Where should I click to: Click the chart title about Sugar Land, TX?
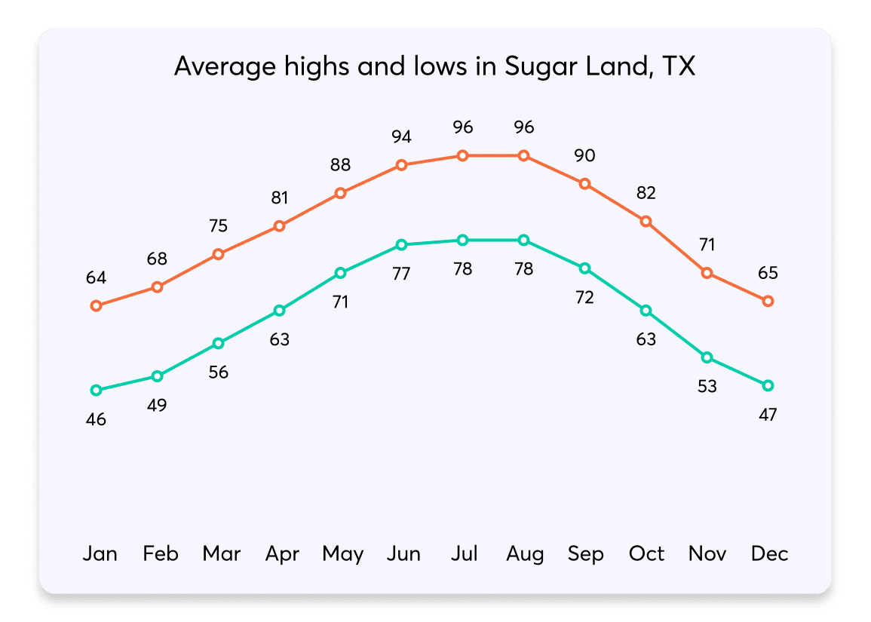point(434,66)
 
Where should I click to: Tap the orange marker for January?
point(96,305)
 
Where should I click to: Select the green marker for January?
point(96,390)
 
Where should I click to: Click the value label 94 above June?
point(401,136)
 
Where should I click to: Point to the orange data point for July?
point(462,155)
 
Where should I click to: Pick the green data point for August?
point(523,240)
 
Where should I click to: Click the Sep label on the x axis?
point(585,554)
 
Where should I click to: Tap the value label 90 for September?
point(584,155)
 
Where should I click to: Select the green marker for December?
point(768,385)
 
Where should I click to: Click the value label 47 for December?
point(768,414)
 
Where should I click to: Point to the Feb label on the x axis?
point(161,554)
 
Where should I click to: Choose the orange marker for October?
point(646,221)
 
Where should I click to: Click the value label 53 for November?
point(707,386)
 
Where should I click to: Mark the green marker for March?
point(218,343)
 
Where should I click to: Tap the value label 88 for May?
point(340,164)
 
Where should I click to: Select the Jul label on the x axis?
point(464,554)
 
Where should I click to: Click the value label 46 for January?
point(96,419)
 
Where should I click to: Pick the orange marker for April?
point(279,225)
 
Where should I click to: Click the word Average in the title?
point(216,66)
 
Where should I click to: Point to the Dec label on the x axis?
point(769,554)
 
